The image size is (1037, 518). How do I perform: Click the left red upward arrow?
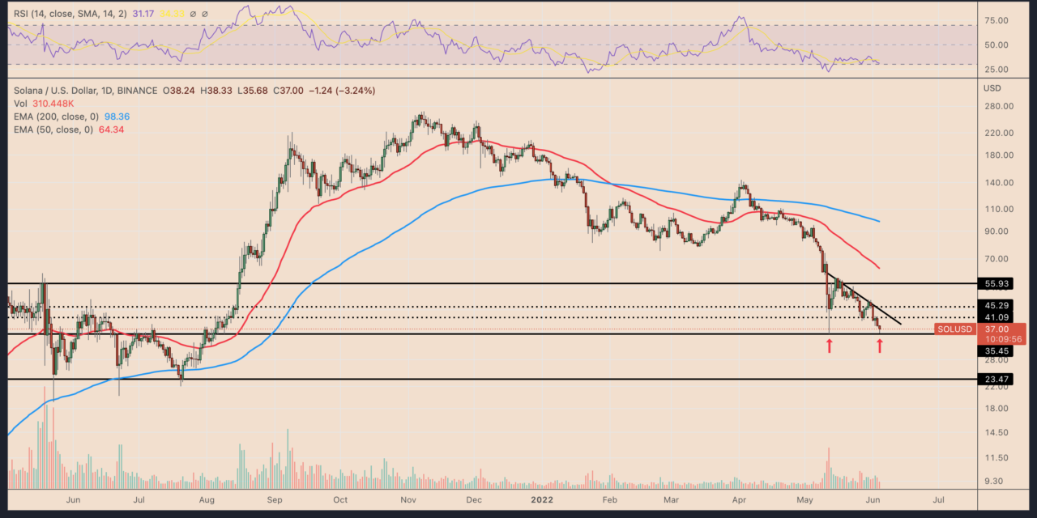[829, 346]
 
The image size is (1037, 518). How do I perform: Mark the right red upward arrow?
[880, 346]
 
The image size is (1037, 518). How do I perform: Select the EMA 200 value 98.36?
[113, 117]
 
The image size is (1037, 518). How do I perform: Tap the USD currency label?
[992, 87]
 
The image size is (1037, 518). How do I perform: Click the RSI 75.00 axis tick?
[999, 20]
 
